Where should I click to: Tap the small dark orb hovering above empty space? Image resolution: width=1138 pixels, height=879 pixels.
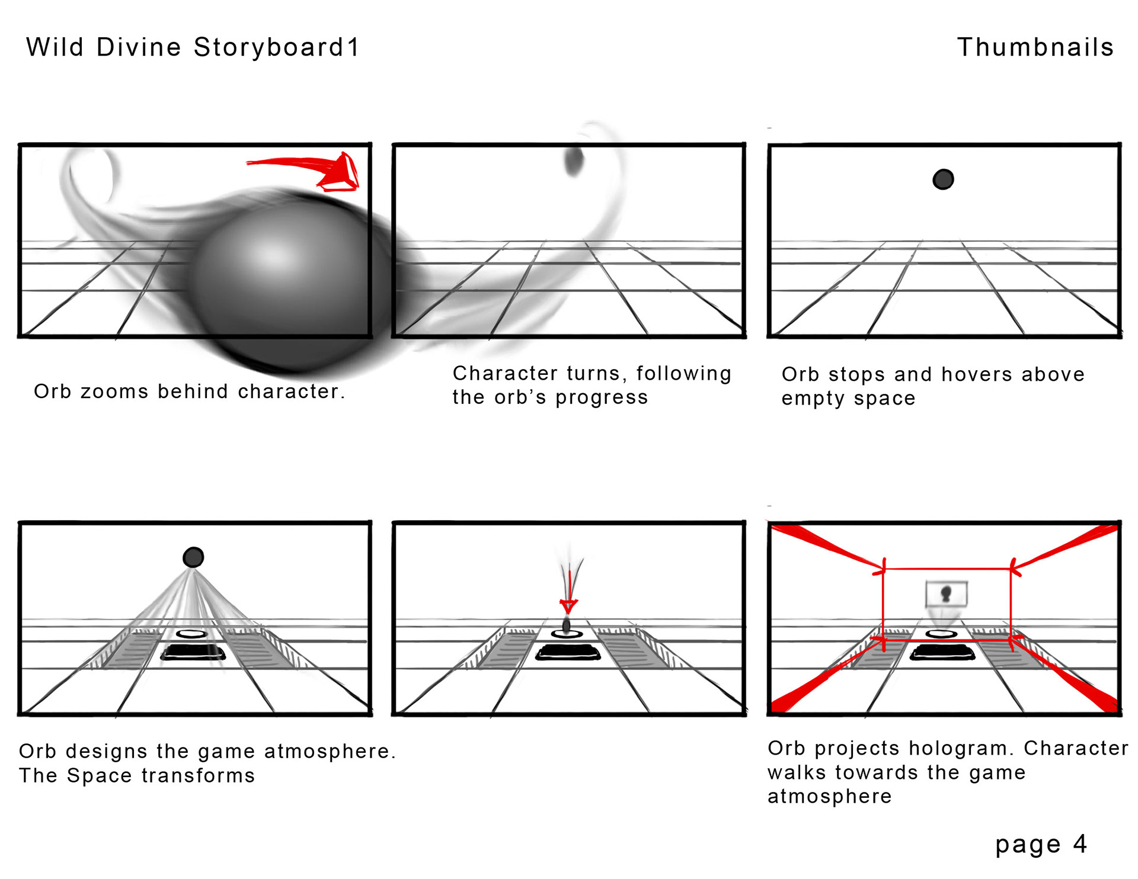(942, 179)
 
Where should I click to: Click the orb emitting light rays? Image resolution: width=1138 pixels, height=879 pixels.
(193, 557)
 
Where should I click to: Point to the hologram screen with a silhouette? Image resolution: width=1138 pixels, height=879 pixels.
(947, 594)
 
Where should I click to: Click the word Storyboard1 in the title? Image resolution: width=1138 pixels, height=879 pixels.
(277, 47)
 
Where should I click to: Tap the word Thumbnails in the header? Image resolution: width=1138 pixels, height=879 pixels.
(1035, 47)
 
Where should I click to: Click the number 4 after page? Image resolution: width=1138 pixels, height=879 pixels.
(1080, 843)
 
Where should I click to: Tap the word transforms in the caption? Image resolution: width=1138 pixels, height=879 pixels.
(198, 775)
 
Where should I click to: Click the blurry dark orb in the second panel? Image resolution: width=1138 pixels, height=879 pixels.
(574, 161)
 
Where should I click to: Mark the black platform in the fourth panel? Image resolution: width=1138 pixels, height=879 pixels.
(193, 652)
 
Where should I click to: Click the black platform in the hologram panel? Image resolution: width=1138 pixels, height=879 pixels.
(942, 653)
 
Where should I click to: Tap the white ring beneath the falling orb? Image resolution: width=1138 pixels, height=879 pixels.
(567, 634)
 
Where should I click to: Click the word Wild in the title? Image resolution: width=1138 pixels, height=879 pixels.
(55, 47)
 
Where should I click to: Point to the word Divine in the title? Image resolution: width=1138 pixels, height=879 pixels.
(139, 47)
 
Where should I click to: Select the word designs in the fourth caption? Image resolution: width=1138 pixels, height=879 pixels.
(107, 751)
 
